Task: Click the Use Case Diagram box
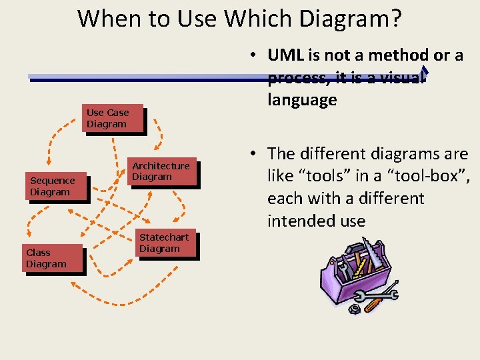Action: point(113,119)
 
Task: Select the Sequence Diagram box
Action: point(58,187)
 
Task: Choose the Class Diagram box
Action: point(53,259)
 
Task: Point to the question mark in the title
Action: point(395,19)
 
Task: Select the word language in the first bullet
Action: point(302,100)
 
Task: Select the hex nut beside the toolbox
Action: point(355,309)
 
